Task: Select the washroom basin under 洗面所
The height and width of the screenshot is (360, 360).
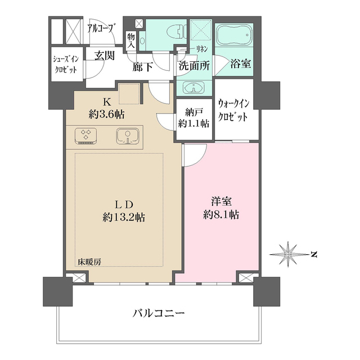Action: tap(194, 88)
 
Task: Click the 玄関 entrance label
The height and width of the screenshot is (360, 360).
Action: tap(104, 56)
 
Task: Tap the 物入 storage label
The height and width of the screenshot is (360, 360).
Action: tap(131, 39)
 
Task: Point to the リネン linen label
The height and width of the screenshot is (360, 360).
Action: tap(201, 49)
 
